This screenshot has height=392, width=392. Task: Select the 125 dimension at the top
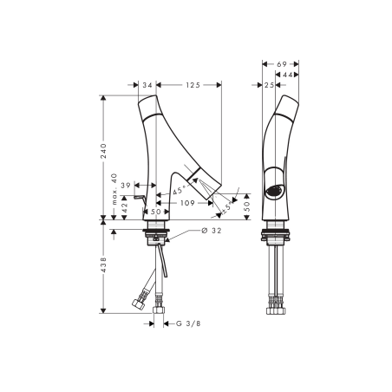(193, 85)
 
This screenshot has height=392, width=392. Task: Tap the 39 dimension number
(127, 186)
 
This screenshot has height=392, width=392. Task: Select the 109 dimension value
(186, 202)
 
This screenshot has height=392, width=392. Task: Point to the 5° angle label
(225, 207)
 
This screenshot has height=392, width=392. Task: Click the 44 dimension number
(292, 75)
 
